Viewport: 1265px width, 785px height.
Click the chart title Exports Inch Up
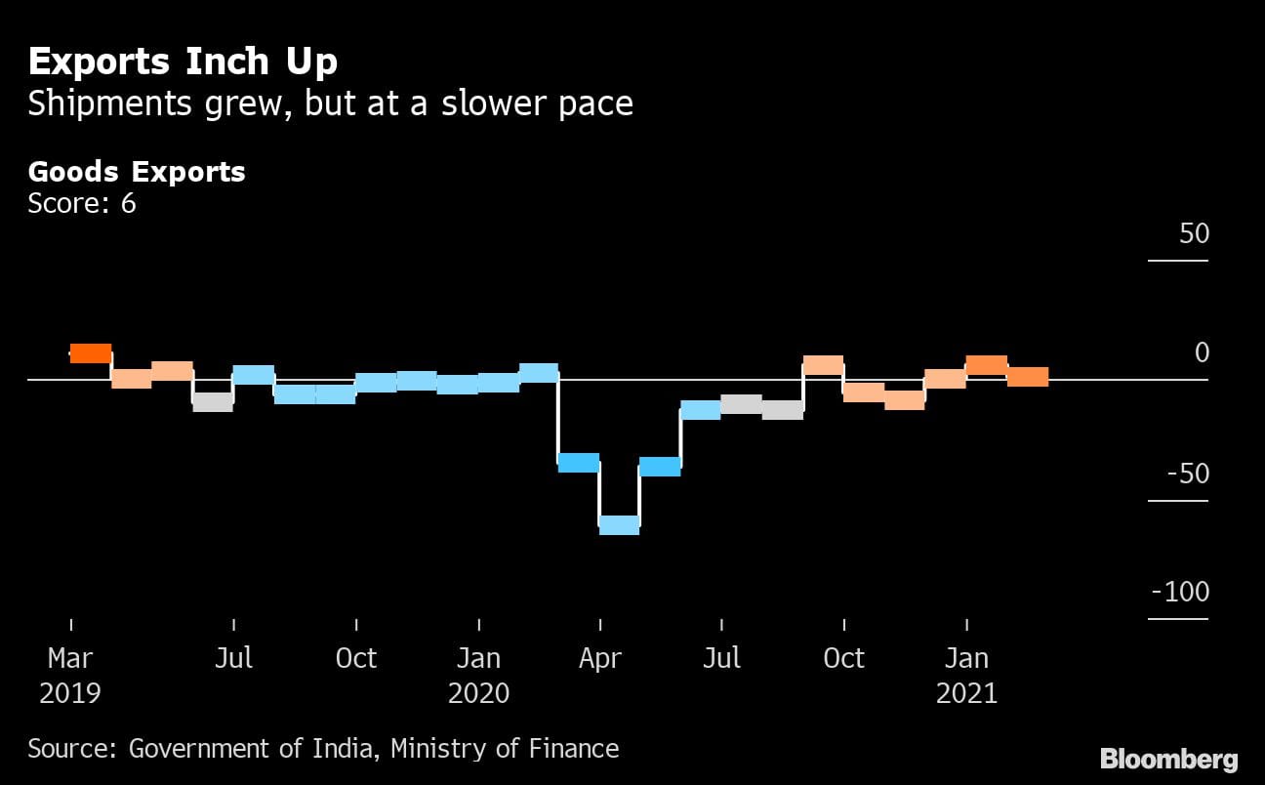[x=183, y=62]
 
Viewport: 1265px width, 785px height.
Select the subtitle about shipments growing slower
[x=330, y=103]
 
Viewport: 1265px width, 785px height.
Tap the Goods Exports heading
[x=137, y=172]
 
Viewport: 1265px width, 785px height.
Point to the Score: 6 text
[x=81, y=203]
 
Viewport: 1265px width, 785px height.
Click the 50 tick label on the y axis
[x=1194, y=234]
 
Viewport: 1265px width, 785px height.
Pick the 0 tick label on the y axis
[x=1202, y=352]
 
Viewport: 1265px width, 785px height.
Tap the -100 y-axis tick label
[x=1180, y=592]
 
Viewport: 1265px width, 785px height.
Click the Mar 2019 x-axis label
[x=70, y=675]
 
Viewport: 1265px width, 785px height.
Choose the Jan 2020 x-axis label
[x=478, y=675]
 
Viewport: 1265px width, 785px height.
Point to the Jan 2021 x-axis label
[x=966, y=675]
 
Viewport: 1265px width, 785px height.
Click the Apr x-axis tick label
[x=599, y=658]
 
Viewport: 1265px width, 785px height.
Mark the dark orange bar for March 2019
[x=91, y=353]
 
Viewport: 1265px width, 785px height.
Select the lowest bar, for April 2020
[x=619, y=524]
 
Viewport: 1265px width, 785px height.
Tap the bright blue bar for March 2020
[x=578, y=463]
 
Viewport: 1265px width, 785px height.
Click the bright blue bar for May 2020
[x=660, y=467]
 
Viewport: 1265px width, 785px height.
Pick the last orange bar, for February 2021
[x=1028, y=377]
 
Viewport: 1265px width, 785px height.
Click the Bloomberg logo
[x=1168, y=759]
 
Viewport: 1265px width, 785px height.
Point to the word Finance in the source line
[x=575, y=749]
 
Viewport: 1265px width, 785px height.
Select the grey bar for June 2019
[x=213, y=401]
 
